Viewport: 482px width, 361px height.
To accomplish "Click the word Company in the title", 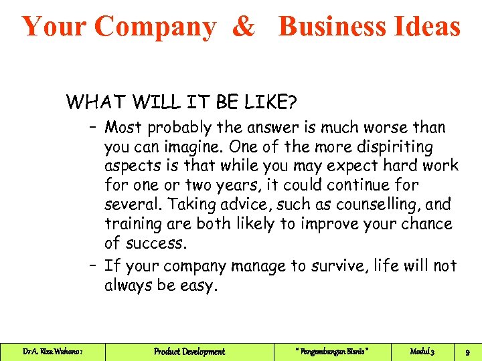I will point(155,27).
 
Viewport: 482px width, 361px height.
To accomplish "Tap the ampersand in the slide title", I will point(244,27).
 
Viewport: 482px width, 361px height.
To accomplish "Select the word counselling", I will point(362,204).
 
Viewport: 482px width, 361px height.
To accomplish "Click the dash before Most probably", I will point(92,127).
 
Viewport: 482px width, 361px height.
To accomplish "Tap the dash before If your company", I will point(92,266).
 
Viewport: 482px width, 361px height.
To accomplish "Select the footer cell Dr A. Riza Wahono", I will point(52,351).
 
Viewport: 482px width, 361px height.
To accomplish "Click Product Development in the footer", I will point(189,351).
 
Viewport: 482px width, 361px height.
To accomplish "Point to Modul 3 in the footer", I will point(422,351).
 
